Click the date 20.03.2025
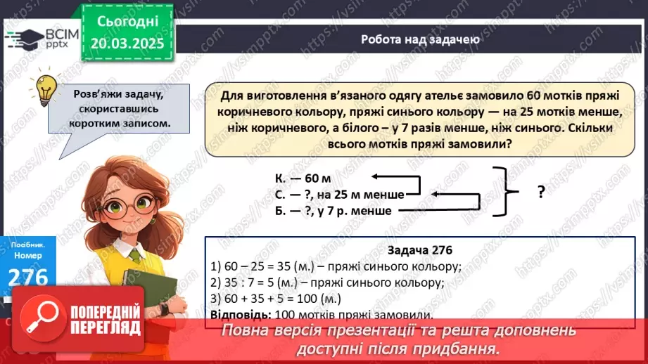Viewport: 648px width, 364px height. [x=128, y=44]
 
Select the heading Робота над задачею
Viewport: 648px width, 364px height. [x=420, y=39]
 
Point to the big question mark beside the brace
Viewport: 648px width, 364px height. [x=541, y=192]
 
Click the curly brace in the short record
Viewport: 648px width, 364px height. [x=503, y=191]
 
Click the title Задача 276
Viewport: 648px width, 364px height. [x=420, y=250]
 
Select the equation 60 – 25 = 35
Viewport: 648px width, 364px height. [x=261, y=266]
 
